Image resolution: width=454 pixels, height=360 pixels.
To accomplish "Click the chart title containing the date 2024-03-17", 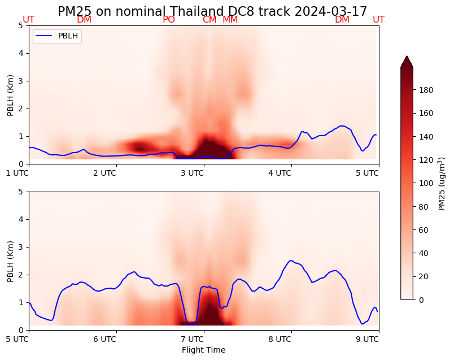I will (x=212, y=11).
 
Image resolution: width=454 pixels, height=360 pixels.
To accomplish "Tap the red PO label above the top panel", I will (x=169, y=20).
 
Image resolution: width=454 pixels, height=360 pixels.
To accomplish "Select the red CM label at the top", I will (x=209, y=20).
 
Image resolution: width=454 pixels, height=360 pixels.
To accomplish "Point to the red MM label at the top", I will (x=230, y=20).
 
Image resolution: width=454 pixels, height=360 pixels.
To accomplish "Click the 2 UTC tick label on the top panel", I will (x=104, y=173).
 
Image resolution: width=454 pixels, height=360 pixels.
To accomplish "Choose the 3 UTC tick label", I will (x=192, y=173).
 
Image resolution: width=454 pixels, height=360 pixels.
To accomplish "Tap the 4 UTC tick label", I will (x=280, y=173).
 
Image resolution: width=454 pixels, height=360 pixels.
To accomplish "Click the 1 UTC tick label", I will (x=18, y=173).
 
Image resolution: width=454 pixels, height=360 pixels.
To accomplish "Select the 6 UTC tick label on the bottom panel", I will (x=104, y=339).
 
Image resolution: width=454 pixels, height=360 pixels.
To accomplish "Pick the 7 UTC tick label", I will (x=192, y=339).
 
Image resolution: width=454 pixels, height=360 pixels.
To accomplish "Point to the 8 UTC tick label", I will (x=280, y=339).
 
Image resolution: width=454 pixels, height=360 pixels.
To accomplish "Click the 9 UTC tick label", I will (x=367, y=339).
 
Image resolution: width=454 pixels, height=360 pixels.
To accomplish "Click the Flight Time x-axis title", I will (x=203, y=350).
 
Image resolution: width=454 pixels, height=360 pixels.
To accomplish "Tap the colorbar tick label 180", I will (x=426, y=90).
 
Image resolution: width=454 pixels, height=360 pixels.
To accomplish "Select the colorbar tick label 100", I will (x=426, y=183).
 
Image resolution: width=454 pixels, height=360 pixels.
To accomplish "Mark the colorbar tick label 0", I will (x=422, y=300).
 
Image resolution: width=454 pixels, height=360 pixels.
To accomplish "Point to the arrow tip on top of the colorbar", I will (x=407, y=57).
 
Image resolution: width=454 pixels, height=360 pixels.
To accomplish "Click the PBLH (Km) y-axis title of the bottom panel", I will (x=11, y=261).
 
